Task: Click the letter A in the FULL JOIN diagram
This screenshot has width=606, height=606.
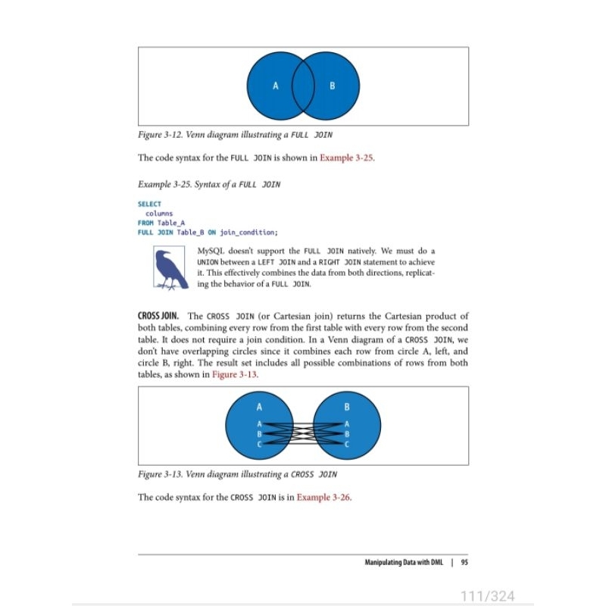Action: coord(276,86)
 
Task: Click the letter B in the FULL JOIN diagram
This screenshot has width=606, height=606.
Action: coord(332,86)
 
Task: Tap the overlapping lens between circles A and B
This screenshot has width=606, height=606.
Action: coord(304,86)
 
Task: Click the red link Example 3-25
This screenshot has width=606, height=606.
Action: coord(347,158)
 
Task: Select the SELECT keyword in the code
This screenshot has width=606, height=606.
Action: coord(149,205)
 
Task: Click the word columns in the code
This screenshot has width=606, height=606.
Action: coord(159,214)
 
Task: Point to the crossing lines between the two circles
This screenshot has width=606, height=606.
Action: coord(304,434)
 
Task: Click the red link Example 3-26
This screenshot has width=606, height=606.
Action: coord(323,498)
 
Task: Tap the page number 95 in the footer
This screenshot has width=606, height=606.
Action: coord(464,562)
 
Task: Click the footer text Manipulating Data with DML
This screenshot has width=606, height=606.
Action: coord(404,562)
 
